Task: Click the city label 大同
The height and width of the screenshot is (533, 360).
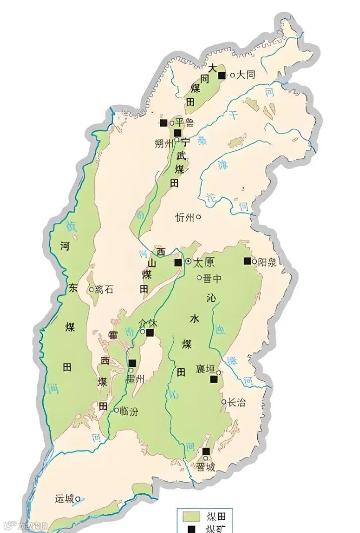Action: [x=246, y=75]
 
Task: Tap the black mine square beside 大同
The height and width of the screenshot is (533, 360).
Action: [x=222, y=75]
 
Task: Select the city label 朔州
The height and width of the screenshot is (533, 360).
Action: [x=164, y=143]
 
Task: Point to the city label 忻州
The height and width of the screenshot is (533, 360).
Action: [x=185, y=217]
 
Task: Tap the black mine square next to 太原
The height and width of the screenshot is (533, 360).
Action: [x=178, y=262]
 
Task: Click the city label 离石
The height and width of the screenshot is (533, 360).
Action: [x=104, y=289]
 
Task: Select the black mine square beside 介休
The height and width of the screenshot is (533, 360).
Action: [x=150, y=333]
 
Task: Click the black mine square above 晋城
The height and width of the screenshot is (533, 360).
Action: [x=206, y=451]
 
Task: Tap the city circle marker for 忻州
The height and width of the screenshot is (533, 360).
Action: [x=199, y=217]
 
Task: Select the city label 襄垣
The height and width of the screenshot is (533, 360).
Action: [x=206, y=369]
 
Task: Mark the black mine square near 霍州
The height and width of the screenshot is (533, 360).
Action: [x=132, y=363]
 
